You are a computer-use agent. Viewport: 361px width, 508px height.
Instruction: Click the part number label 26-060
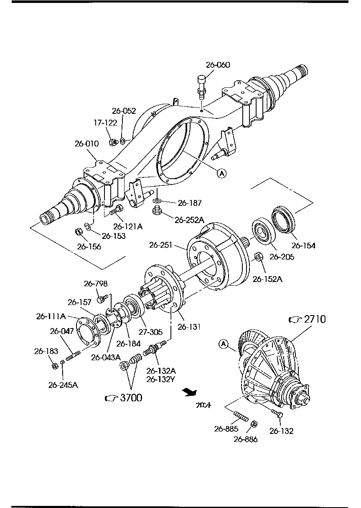tap(218, 65)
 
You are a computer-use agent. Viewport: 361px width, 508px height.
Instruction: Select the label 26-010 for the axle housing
tap(86, 144)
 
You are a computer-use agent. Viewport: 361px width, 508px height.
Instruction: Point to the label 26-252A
tap(189, 220)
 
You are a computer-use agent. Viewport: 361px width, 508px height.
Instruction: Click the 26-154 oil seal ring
tap(283, 219)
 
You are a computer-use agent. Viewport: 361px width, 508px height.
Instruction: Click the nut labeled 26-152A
tap(258, 256)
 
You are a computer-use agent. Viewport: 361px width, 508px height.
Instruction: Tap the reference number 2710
tap(315, 319)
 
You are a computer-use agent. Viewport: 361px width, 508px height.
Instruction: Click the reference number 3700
tap(131, 398)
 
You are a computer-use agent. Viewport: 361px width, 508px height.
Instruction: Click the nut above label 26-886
tap(253, 425)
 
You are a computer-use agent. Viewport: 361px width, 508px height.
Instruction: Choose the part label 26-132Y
tap(161, 379)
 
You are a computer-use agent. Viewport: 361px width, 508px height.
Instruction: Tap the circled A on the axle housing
tap(221, 172)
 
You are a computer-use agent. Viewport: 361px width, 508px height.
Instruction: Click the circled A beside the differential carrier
tap(223, 344)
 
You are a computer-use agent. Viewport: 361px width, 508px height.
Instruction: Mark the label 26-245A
tap(63, 385)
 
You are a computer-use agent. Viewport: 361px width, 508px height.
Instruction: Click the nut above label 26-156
tap(78, 231)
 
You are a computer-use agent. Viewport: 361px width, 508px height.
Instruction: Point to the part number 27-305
tap(150, 332)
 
